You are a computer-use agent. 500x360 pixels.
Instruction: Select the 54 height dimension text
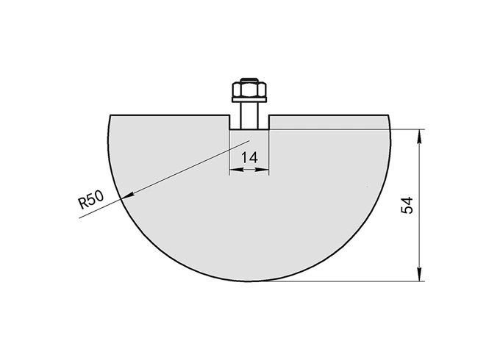click(407, 205)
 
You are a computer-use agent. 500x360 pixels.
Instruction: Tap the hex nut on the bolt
click(250, 90)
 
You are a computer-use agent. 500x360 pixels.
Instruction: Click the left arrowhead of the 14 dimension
click(234, 170)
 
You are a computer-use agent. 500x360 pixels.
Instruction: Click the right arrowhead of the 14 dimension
click(266, 170)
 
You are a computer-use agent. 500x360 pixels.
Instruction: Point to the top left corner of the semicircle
click(110, 115)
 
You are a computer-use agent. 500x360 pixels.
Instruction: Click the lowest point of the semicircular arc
click(250, 281)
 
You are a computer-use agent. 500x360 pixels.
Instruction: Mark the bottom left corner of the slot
click(230, 131)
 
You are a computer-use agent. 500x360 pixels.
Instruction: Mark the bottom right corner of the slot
click(270, 131)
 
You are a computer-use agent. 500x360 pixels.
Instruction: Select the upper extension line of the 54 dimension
click(346, 131)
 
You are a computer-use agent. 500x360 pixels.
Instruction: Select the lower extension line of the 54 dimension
click(346, 281)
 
